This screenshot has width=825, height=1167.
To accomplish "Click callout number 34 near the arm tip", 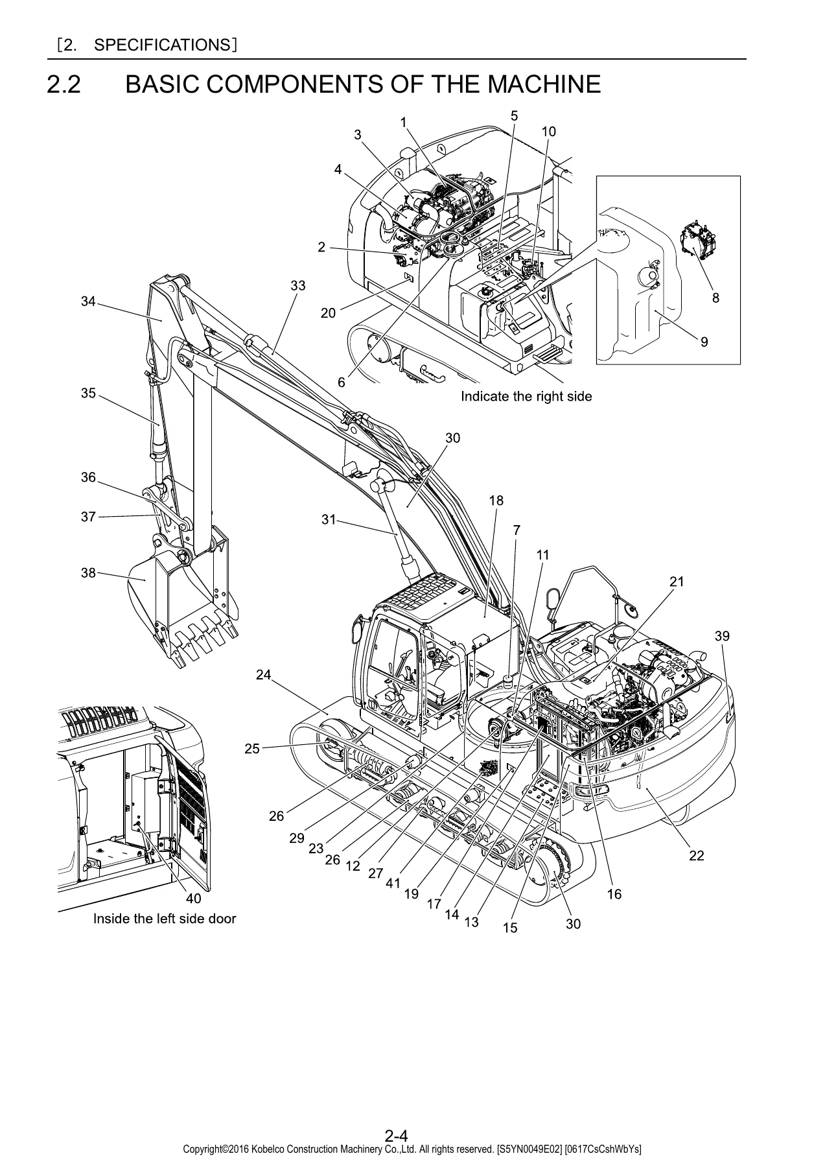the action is [x=88, y=301].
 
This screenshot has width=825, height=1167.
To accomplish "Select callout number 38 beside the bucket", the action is [x=88, y=572].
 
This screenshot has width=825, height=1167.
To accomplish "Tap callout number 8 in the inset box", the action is [x=715, y=298].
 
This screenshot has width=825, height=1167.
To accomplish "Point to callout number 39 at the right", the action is [x=722, y=636].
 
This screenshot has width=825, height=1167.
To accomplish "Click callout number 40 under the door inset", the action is [x=193, y=899].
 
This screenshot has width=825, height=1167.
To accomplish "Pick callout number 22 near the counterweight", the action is [x=696, y=856].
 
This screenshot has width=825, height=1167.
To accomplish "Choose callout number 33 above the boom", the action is [x=297, y=285].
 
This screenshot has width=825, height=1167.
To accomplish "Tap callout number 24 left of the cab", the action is [x=263, y=674].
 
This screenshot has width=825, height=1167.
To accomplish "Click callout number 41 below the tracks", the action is [x=393, y=882].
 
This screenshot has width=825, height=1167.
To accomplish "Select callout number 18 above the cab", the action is [x=496, y=500].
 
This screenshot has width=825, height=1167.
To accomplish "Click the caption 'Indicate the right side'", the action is [x=526, y=395].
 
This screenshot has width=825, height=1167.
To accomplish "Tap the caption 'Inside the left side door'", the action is [x=165, y=918].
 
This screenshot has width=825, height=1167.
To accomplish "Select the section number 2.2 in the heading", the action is [x=64, y=85].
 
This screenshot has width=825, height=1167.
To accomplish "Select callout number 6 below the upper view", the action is [x=342, y=383].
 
